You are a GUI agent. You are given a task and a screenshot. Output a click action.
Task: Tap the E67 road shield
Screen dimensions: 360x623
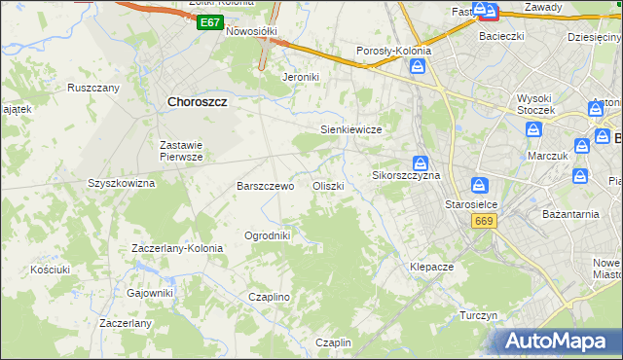[x=208, y=21]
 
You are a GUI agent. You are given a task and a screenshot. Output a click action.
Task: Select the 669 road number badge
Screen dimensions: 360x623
[x=484, y=222]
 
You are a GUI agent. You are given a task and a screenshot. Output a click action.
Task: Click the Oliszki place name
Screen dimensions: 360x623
[x=328, y=186]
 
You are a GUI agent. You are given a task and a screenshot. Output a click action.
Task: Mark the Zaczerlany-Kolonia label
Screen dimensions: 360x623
[x=177, y=248]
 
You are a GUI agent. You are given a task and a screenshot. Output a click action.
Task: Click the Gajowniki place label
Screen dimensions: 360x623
[x=150, y=292]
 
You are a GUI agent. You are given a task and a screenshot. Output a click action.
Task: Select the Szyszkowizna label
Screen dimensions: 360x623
[x=122, y=183]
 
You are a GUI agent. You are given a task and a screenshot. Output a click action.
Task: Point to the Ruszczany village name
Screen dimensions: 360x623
[x=93, y=88]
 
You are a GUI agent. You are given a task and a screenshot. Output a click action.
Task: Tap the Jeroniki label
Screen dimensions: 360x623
[x=301, y=77]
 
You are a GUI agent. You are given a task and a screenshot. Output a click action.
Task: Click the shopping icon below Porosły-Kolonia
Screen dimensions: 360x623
[x=418, y=66]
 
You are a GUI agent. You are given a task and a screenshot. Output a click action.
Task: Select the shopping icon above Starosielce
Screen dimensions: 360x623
[x=478, y=184]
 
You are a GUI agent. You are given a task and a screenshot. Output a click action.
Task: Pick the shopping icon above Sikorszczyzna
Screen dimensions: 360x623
[x=420, y=162]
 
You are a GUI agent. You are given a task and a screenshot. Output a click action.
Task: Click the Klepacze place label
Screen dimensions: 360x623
[x=432, y=266]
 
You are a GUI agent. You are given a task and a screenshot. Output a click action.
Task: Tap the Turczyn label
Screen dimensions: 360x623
[x=479, y=316]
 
